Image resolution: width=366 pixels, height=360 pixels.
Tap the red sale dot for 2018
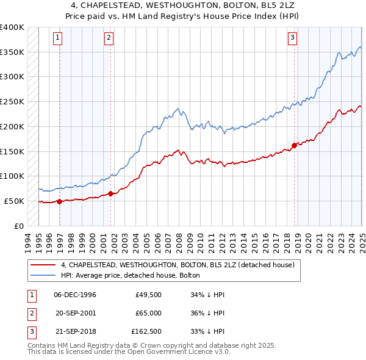[294, 145]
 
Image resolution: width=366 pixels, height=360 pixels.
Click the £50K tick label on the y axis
[15, 201]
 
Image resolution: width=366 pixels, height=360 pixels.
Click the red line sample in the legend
[43, 265]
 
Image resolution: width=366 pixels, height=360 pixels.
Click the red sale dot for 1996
[60, 201]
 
